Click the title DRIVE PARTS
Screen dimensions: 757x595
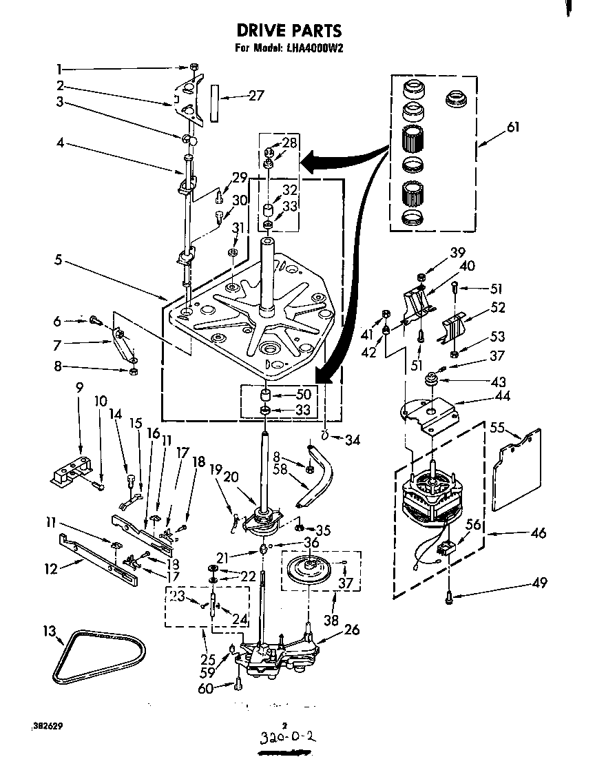pos(289,30)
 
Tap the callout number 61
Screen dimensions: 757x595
pos(512,127)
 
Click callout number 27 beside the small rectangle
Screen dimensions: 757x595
pos(255,96)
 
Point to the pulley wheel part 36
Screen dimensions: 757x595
pos(314,567)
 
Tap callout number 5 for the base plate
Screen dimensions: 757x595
pos(61,260)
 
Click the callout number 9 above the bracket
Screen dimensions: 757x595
pos(80,387)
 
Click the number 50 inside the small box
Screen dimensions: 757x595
pos(303,394)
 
